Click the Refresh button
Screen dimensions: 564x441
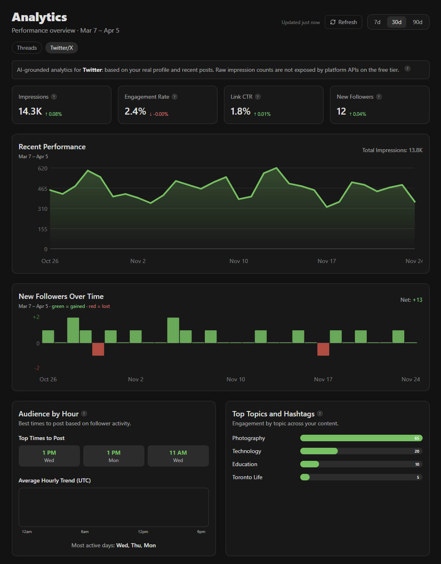[x=343, y=22]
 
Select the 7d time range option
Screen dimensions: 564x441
[x=377, y=22]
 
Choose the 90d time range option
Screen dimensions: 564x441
[x=417, y=22]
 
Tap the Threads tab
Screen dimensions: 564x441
[x=27, y=48]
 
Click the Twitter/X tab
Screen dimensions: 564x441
[x=62, y=48]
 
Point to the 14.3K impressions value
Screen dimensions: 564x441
[x=30, y=111]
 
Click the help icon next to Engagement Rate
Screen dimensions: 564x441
[x=175, y=97]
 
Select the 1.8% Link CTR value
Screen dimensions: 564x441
[x=240, y=111]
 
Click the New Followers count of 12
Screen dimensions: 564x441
[x=341, y=111]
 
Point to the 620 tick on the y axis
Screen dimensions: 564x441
[x=43, y=168]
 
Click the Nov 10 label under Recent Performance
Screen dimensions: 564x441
[x=239, y=261]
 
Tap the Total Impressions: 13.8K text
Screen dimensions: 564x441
[x=392, y=150]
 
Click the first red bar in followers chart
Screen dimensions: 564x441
[x=98, y=349]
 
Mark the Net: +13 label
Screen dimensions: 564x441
[x=411, y=300]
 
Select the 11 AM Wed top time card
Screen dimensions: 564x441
[x=178, y=456]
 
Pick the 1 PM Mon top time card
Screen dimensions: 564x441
[x=113, y=456]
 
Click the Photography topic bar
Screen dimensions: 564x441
[x=361, y=438]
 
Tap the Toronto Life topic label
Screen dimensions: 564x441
[x=247, y=477]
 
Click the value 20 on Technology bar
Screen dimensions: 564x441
[x=417, y=451]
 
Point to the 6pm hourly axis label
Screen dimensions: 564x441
[x=201, y=532]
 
